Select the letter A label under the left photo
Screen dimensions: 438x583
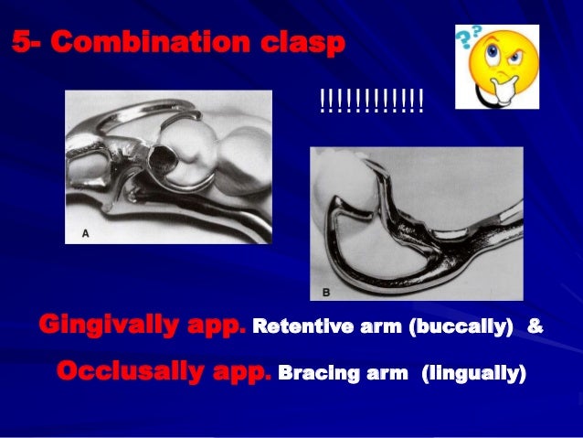point(86,233)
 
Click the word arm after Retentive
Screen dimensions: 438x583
point(369,326)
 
